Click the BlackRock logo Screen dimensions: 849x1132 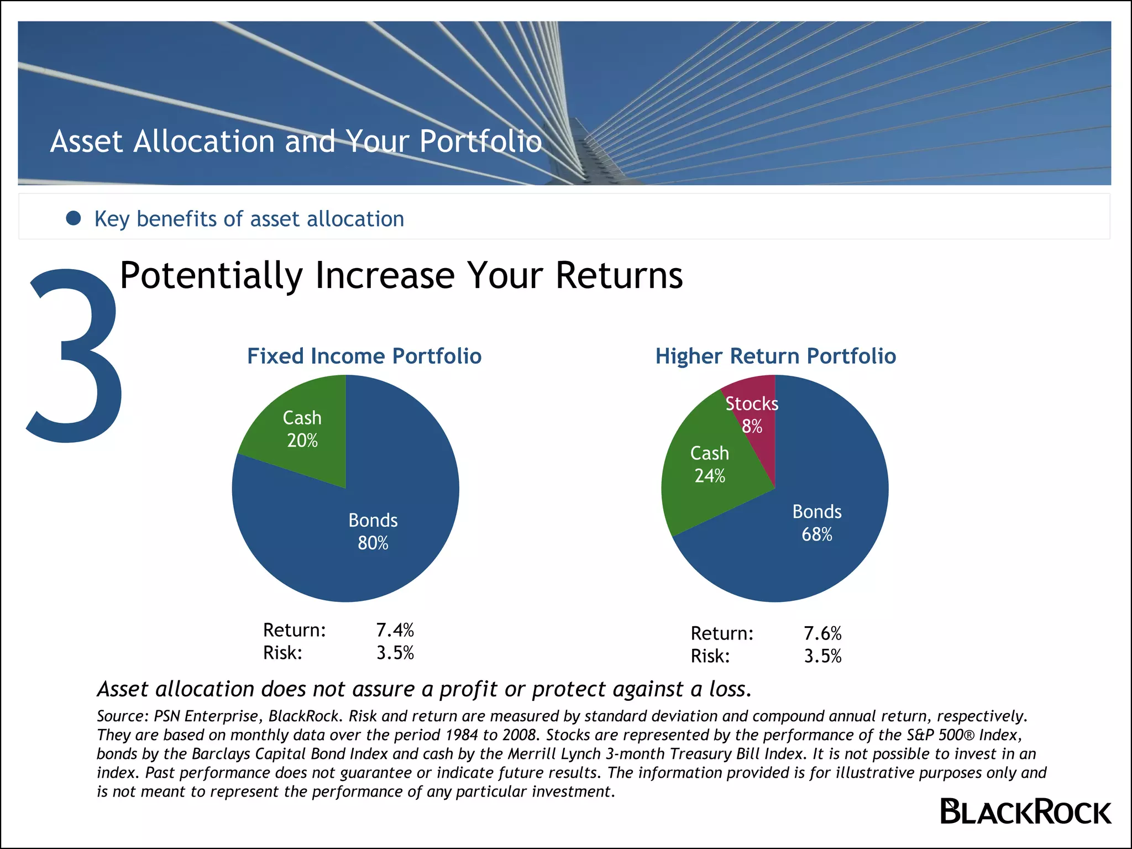pyautogui.click(x=1025, y=812)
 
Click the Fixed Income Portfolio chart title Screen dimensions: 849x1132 pyautogui.click(x=364, y=356)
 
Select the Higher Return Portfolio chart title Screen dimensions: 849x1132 pyautogui.click(x=775, y=356)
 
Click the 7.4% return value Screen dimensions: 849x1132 pyautogui.click(x=395, y=630)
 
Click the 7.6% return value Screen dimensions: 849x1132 pyautogui.click(x=822, y=633)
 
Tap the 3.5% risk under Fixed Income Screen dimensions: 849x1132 pyautogui.click(x=395, y=653)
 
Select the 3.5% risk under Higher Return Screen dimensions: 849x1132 pyautogui.click(x=822, y=656)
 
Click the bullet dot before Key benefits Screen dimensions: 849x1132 pyautogui.click(x=74, y=218)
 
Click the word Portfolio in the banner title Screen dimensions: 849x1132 pyautogui.click(x=480, y=141)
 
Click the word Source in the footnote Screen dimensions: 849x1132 pyautogui.click(x=122, y=716)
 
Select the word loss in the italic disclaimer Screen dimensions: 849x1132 pyautogui.click(x=729, y=689)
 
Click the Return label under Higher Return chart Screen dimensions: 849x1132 pyautogui.click(x=722, y=633)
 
